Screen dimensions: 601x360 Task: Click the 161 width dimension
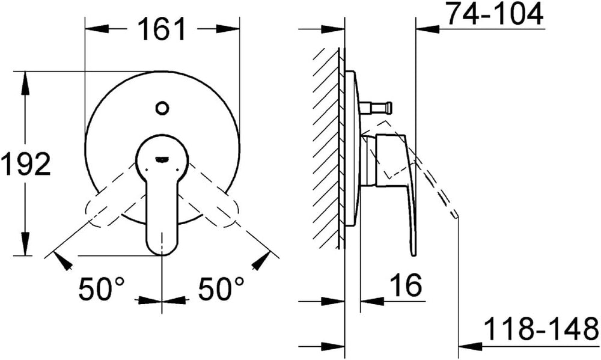pyautogui.click(x=161, y=29)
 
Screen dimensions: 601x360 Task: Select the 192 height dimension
pyautogui.click(x=26, y=163)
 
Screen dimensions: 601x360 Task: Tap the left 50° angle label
pyautogui.click(x=101, y=288)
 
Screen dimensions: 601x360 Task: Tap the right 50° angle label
pyautogui.click(x=221, y=288)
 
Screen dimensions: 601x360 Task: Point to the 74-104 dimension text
pyautogui.click(x=496, y=14)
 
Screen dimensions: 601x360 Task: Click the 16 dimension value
pyautogui.click(x=406, y=285)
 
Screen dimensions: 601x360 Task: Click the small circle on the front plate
pyautogui.click(x=162, y=108)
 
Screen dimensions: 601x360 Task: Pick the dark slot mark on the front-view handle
pyautogui.click(x=162, y=159)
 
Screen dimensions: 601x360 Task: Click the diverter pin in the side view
pyautogui.click(x=376, y=108)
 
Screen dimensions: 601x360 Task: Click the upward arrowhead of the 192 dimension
pyautogui.click(x=25, y=83)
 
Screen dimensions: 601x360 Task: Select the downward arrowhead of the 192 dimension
pyautogui.click(x=25, y=243)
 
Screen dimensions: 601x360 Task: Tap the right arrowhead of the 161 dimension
pyautogui.click(x=228, y=29)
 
